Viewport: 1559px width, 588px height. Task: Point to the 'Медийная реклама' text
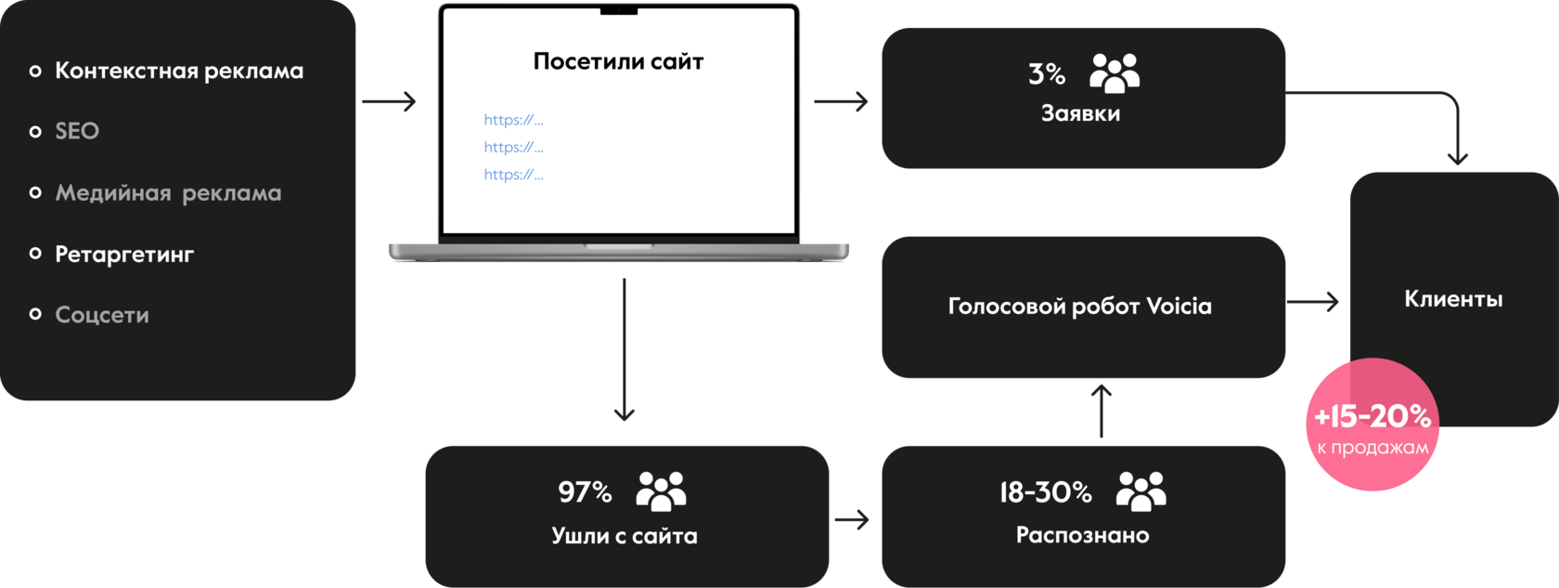coord(169,193)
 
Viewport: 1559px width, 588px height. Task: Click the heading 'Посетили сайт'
coord(618,61)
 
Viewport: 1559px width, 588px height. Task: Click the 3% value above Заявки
coord(1047,74)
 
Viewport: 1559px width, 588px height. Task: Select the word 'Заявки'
coord(1081,113)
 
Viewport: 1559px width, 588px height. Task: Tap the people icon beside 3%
coord(1114,73)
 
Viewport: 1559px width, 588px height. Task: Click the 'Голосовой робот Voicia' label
coord(1080,307)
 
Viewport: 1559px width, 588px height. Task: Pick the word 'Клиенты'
coord(1453,299)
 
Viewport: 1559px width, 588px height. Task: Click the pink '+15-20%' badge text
coord(1372,416)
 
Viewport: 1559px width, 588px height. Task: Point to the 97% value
coord(585,492)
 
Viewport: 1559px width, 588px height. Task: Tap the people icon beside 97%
coord(661,491)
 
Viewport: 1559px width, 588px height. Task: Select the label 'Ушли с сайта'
coord(625,536)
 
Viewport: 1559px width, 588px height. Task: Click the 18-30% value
coord(1045,492)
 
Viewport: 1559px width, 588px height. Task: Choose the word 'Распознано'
coord(1082,535)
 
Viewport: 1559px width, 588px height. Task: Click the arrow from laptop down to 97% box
coord(625,349)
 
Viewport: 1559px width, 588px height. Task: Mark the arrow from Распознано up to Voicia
coord(1101,411)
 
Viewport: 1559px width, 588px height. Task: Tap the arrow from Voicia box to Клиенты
coord(1312,302)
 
